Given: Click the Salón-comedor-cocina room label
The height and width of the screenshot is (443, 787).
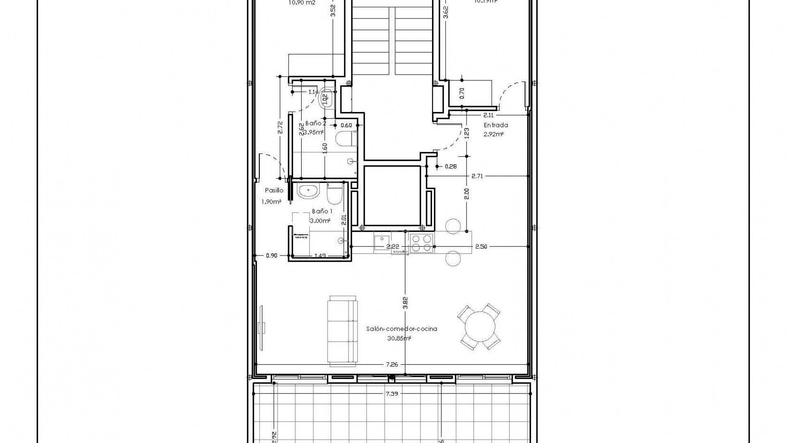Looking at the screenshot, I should click(402, 329).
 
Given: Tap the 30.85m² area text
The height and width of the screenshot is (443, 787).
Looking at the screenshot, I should click(399, 339).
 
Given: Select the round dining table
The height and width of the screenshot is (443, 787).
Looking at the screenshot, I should click(479, 327).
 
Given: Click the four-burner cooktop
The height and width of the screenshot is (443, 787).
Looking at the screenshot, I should click(421, 242).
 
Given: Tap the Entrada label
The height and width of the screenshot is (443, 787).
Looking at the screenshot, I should click(496, 125).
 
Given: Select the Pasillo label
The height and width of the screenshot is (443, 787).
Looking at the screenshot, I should click(274, 190).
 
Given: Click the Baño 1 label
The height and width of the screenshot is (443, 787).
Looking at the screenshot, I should click(322, 211).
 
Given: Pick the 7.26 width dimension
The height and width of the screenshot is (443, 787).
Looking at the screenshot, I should click(392, 364).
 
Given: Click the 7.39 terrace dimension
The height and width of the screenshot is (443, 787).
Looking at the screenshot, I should click(392, 394).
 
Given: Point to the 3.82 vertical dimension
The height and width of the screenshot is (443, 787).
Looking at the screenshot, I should click(405, 302).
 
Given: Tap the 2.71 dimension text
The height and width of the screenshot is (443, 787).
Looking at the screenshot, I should click(478, 176).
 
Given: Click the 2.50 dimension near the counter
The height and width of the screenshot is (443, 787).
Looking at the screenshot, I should click(481, 247).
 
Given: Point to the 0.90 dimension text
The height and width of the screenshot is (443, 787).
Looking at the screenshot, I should click(271, 256).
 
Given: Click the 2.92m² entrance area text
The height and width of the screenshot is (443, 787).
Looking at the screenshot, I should click(494, 134).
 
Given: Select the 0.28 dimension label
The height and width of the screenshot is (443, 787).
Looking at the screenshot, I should click(451, 167).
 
